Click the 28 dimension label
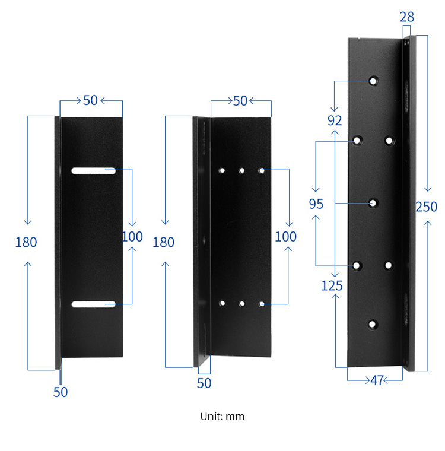click(x=407, y=17)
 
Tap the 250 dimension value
click(x=426, y=207)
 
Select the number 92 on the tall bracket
click(x=335, y=120)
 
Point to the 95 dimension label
click(x=316, y=204)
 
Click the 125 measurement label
click(x=332, y=286)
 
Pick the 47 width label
click(x=377, y=380)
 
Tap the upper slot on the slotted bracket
click(x=94, y=171)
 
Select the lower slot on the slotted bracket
click(x=94, y=304)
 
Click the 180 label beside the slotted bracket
click(x=26, y=242)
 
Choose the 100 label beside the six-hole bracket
click(x=286, y=237)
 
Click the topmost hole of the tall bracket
click(x=374, y=81)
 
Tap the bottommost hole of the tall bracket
click(x=373, y=324)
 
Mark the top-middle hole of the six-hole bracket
click(x=241, y=171)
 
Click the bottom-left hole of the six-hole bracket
click(x=222, y=303)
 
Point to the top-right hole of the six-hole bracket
click(x=261, y=171)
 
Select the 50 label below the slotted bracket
click(x=61, y=392)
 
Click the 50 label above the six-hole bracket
click(x=240, y=101)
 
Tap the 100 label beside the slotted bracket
click(x=132, y=237)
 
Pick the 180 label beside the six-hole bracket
click(x=164, y=242)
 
